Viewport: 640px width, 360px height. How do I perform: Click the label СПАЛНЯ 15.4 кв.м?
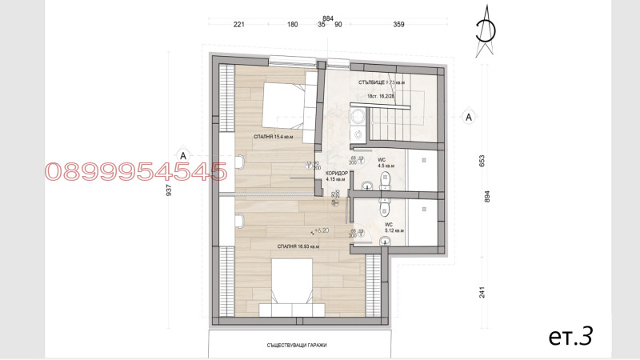point(273,137)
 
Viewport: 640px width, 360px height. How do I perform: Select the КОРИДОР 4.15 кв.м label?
point(336,176)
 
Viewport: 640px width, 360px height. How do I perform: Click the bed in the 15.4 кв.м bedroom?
point(277,102)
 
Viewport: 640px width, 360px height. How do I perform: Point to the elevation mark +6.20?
point(322,230)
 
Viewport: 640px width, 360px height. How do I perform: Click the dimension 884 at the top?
point(328,17)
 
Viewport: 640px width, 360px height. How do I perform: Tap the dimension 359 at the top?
point(398,25)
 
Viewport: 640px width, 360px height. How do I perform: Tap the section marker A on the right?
point(470,118)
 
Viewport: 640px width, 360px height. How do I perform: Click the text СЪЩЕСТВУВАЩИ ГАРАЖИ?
point(298,345)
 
